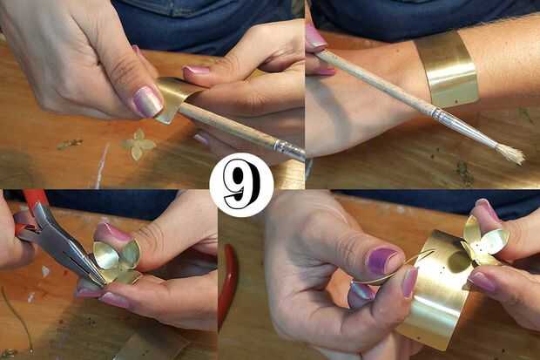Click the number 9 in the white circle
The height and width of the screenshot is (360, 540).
[x=241, y=185]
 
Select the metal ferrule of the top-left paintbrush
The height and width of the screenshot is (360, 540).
[x=288, y=149]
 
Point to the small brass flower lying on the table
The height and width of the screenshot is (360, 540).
[x=138, y=144]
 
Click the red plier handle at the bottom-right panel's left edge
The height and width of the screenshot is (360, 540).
[x=227, y=282]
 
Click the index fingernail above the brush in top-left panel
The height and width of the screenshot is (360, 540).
[x=196, y=71]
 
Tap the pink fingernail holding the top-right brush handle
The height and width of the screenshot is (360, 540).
[x=316, y=37]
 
